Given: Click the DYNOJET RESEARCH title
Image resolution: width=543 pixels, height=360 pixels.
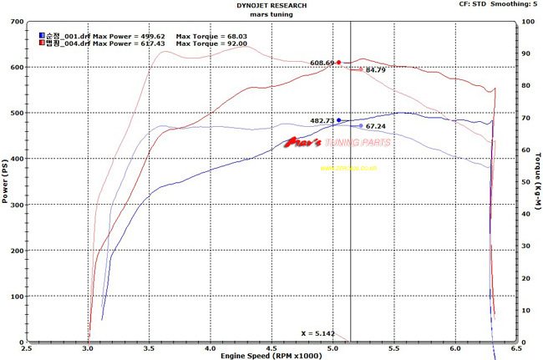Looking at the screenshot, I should (271, 5).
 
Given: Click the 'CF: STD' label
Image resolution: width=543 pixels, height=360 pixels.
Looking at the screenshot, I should (471, 4).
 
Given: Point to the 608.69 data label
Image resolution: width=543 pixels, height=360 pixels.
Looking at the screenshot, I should (322, 63).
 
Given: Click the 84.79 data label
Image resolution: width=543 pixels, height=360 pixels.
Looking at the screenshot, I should (375, 70).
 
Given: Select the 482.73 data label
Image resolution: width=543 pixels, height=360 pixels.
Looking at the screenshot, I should (322, 121).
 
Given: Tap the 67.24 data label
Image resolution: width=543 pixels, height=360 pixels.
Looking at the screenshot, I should (375, 126).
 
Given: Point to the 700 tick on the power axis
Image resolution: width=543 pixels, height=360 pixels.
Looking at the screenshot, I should (15, 21).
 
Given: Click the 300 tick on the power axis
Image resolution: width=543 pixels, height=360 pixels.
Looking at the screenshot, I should (15, 205).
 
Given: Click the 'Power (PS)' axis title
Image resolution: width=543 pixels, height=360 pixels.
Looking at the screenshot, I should (5, 181).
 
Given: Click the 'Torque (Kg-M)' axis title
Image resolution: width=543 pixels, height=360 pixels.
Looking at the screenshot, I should (537, 181).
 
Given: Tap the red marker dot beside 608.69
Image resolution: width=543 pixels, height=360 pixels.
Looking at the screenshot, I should (338, 62).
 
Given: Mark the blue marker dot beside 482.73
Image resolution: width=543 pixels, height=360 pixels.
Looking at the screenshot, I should (339, 120).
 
